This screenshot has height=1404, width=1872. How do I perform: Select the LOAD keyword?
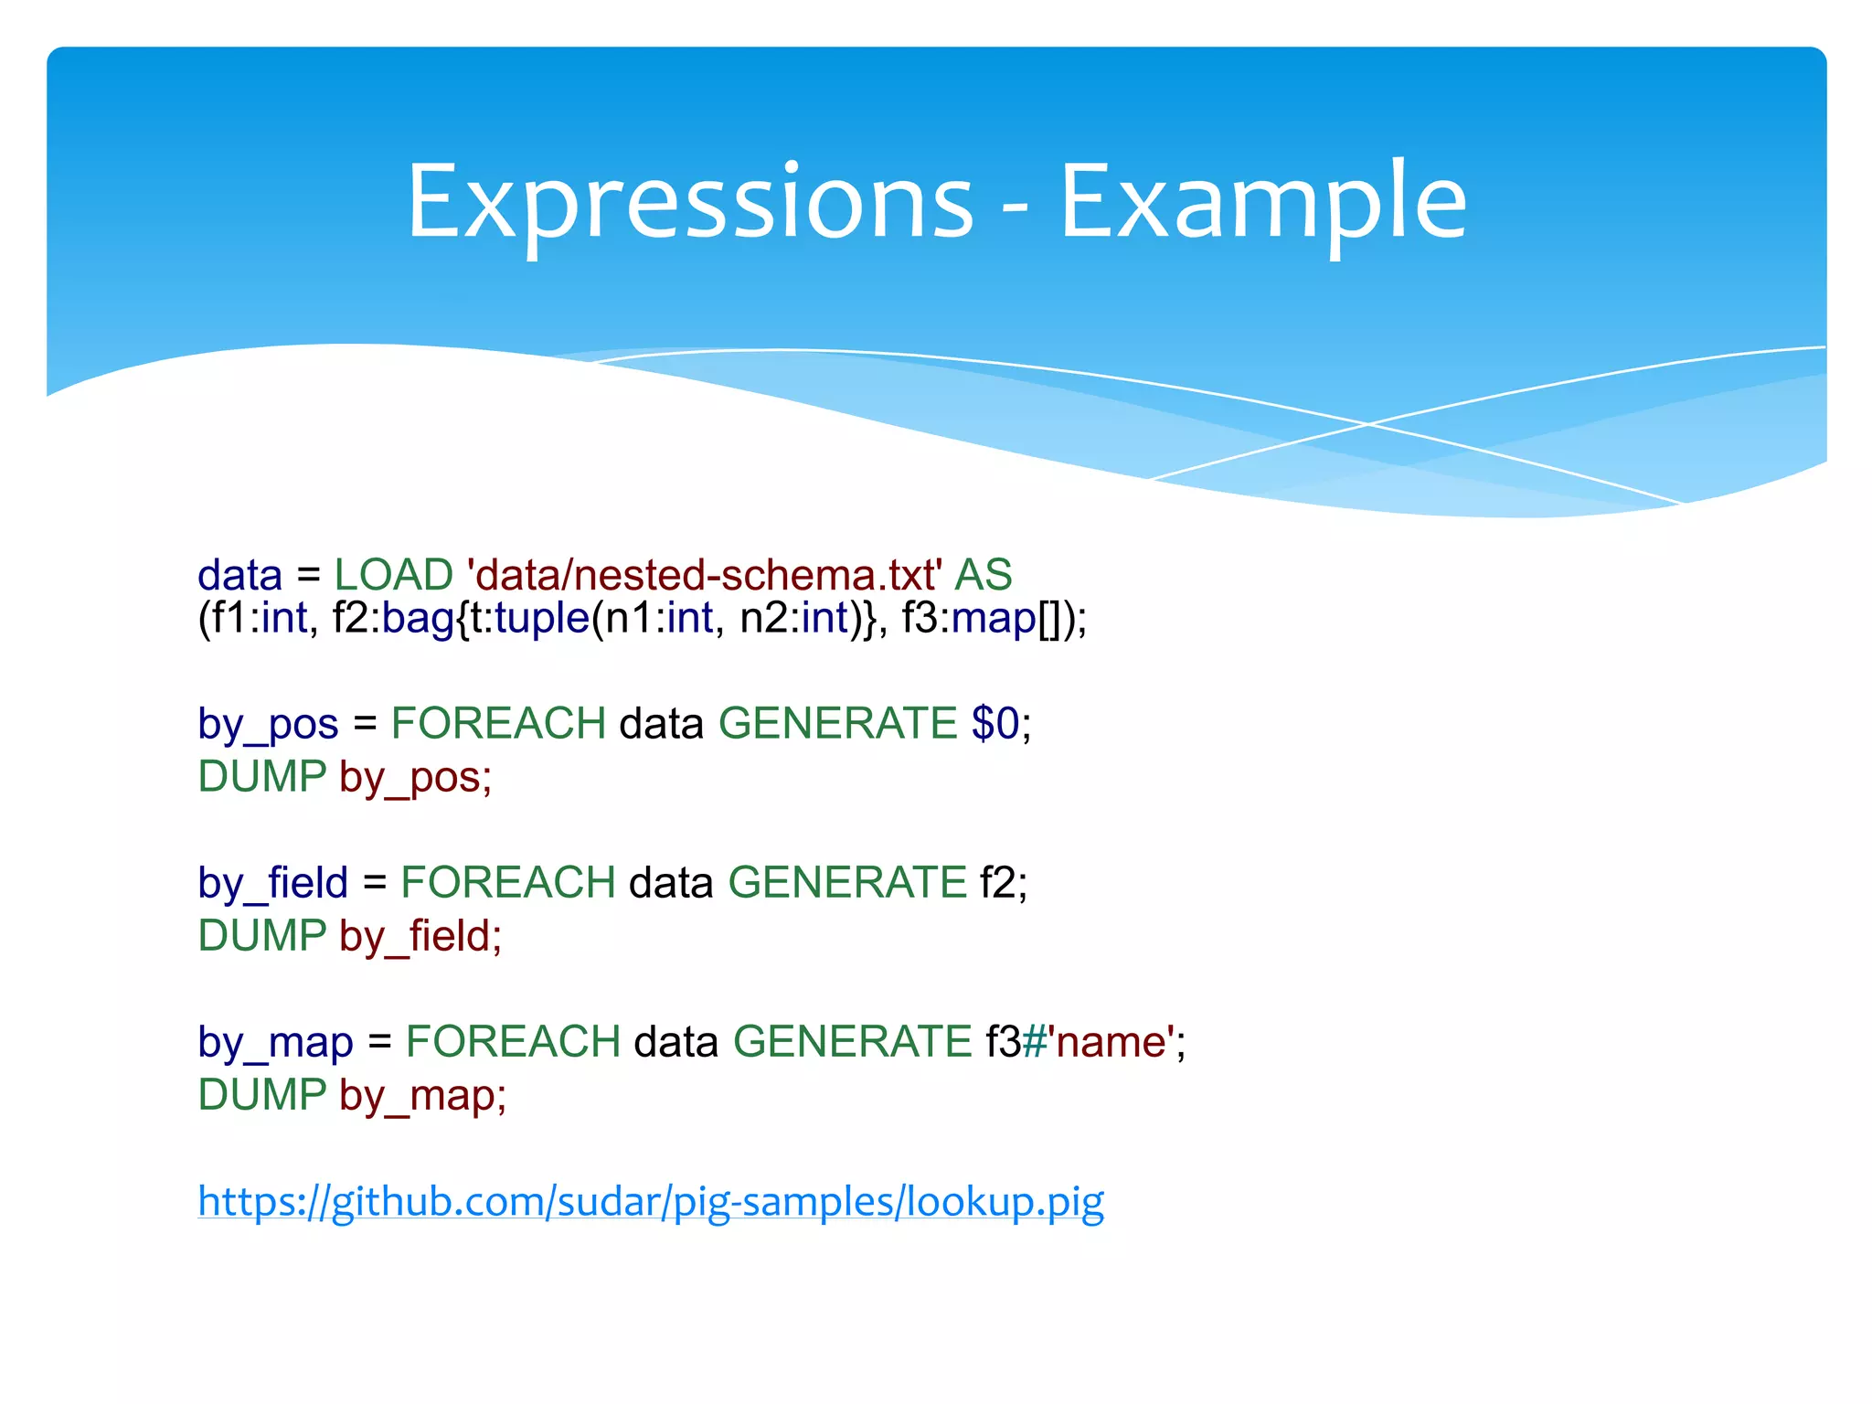click(x=393, y=575)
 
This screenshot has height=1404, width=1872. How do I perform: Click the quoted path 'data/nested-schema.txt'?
click(x=704, y=575)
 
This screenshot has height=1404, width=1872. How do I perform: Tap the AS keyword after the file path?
click(x=983, y=575)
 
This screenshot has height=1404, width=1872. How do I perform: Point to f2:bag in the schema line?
click(x=393, y=619)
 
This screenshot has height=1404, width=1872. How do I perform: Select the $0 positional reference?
click(x=994, y=724)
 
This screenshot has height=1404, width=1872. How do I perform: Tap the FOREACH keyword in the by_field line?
click(x=508, y=883)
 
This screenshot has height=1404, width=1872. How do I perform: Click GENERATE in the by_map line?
click(x=852, y=1042)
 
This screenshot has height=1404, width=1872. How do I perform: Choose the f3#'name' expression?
click(x=1079, y=1042)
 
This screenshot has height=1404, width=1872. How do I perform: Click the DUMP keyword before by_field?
click(x=262, y=936)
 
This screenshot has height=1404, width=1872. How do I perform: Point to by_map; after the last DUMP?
click(x=422, y=1096)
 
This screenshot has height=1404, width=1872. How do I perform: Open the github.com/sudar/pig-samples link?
click(x=651, y=1201)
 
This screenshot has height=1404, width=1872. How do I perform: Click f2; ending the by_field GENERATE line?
click(x=1004, y=883)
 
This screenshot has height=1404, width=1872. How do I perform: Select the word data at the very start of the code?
click(x=239, y=575)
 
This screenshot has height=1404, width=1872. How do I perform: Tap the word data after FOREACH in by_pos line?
click(x=662, y=724)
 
